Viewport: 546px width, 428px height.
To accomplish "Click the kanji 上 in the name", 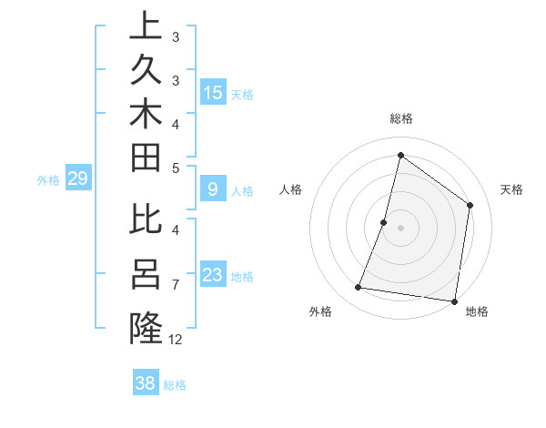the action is pos(146,25).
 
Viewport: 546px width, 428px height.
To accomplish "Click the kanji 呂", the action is pos(146,272).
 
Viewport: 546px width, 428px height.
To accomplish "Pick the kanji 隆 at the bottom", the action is pos(146,328).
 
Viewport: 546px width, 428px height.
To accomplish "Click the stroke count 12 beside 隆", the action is pos(176,340).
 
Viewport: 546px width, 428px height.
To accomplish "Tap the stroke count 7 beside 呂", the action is pos(175,285).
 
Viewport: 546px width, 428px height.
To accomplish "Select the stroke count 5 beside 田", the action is pos(175,167).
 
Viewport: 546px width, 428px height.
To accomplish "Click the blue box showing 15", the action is pos(213,92).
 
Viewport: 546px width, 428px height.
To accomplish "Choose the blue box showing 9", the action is pos(213,189).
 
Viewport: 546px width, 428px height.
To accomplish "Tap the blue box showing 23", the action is pos(213,275).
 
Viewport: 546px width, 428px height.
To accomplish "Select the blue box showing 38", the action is pos(146,383).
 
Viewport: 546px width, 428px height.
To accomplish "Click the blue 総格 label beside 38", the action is pos(175,385).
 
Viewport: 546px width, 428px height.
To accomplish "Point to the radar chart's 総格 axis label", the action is pos(400,118).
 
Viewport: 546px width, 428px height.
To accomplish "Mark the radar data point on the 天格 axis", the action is pos(470,205).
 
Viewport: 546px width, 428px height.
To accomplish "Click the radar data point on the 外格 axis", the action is pos(359,288).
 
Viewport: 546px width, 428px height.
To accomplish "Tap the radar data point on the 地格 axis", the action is pos(452,301).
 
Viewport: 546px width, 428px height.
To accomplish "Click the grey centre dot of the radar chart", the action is pos(400,228).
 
